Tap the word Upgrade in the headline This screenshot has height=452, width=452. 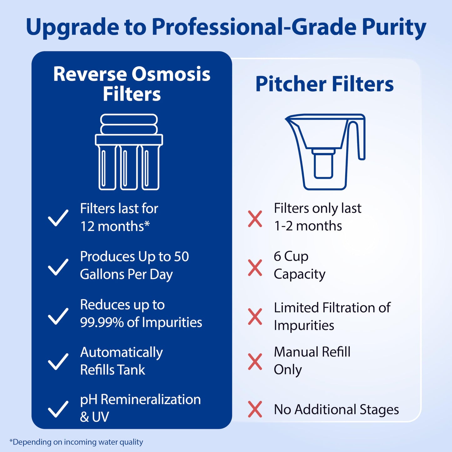(x=72, y=27)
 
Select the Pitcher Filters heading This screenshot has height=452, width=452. (x=324, y=84)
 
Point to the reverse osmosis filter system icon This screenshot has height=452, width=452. (x=129, y=152)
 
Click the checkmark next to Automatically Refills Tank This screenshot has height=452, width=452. (x=58, y=361)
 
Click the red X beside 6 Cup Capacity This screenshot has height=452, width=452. (x=255, y=268)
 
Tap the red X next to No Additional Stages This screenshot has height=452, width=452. (x=255, y=409)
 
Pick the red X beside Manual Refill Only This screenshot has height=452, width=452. (x=255, y=362)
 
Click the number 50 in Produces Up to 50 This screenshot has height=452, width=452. (x=181, y=256)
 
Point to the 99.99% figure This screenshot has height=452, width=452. (x=102, y=322)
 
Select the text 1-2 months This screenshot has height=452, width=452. (x=308, y=226)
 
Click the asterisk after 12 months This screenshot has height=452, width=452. (x=147, y=224)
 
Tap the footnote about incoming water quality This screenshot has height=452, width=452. (x=76, y=442)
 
